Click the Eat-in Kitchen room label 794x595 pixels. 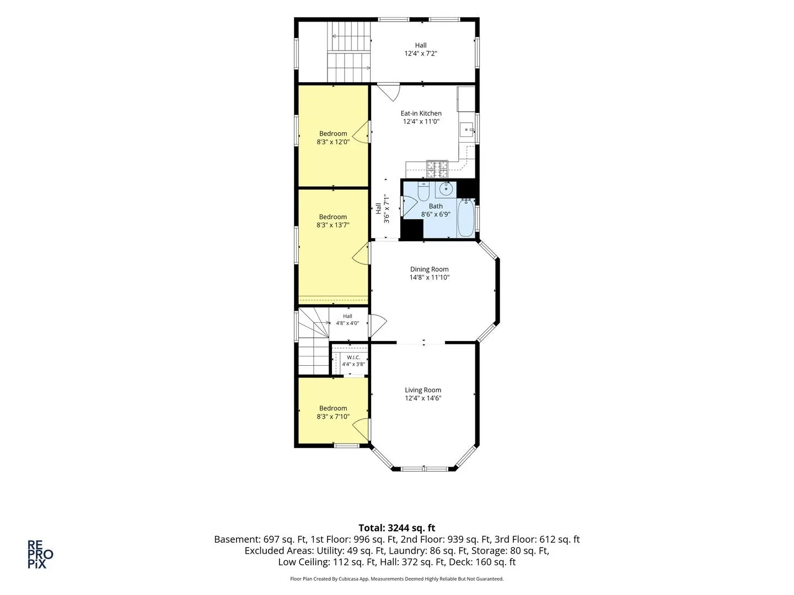[x=421, y=113]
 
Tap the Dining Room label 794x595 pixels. [x=429, y=269]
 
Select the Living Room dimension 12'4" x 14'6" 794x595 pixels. [x=423, y=398]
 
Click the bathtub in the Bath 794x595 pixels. [x=465, y=218]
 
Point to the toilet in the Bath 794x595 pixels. [x=423, y=191]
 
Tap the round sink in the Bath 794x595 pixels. [x=446, y=190]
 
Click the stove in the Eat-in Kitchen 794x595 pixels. [x=437, y=169]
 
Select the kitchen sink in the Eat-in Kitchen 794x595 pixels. [x=467, y=129]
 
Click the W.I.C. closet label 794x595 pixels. [x=353, y=358]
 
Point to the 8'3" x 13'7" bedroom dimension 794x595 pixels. [x=333, y=225]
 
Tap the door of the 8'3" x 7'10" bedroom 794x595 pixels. [x=361, y=429]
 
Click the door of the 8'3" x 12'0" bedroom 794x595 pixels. [x=361, y=132]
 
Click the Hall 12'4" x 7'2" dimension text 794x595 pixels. [x=421, y=53]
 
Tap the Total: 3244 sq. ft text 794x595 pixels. [x=397, y=528]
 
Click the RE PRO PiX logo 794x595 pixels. [x=40, y=554]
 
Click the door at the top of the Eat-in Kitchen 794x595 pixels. [x=388, y=93]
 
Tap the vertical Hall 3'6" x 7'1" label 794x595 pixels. [x=382, y=208]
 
